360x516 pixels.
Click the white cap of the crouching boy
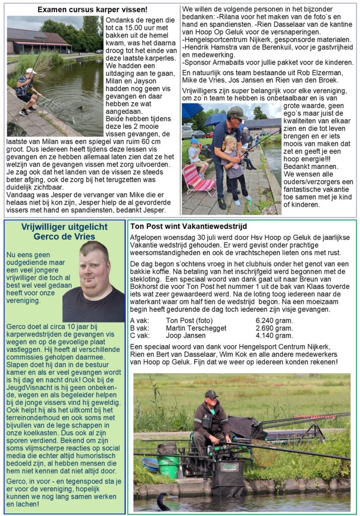(x=32, y=71)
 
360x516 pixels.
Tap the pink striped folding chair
(x=198, y=181)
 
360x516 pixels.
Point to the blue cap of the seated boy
(x=194, y=141)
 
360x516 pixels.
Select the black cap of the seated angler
(x=211, y=394)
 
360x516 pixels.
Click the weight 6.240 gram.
(x=274, y=320)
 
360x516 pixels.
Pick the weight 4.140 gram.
(x=274, y=335)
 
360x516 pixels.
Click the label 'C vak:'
(x=139, y=335)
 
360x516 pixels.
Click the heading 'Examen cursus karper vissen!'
(x=92, y=9)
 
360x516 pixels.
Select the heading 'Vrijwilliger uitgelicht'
(x=64, y=227)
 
